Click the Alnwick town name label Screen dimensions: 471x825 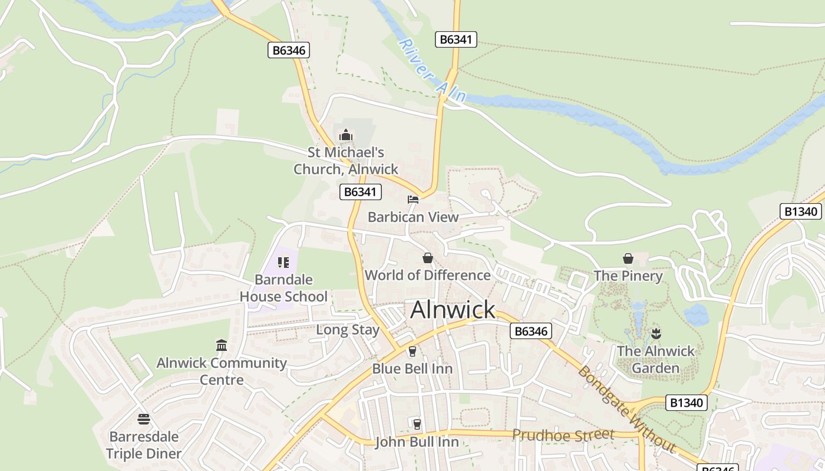click(x=453, y=310)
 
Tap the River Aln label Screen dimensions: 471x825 click(x=432, y=71)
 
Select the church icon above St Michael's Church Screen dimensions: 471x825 click(x=346, y=135)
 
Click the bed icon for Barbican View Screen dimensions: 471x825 click(x=413, y=200)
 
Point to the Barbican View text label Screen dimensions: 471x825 click(x=413, y=217)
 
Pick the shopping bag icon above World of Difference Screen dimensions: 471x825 click(x=428, y=258)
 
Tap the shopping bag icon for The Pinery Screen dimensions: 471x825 click(x=628, y=258)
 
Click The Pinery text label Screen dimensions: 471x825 click(x=628, y=276)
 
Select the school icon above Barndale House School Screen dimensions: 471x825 click(x=283, y=262)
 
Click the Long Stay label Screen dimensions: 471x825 click(x=348, y=330)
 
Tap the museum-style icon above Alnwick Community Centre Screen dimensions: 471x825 click(x=222, y=345)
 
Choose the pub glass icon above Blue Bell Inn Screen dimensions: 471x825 click(x=412, y=351)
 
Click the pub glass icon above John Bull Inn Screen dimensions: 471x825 click(x=417, y=424)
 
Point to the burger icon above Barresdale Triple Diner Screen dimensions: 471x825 click(x=144, y=419)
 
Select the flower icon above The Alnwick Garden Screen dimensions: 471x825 click(x=656, y=334)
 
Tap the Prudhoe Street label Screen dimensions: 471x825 click(x=563, y=435)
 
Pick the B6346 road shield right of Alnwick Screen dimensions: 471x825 click(x=530, y=331)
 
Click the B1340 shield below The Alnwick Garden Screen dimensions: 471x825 click(x=687, y=403)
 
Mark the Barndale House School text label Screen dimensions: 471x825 click(x=283, y=288)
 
